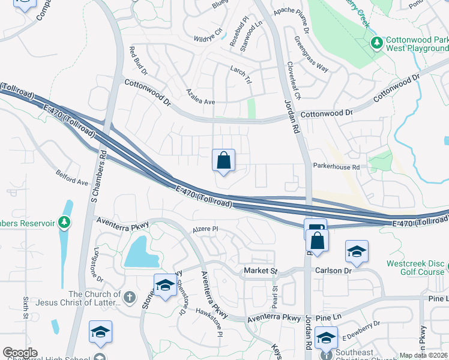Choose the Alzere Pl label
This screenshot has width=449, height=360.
[205, 229]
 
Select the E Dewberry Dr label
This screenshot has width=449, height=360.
[361, 325]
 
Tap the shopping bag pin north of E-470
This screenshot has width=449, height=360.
[223, 161]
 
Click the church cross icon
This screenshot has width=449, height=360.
[129, 296]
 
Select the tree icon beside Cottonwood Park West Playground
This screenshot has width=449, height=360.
[376, 43]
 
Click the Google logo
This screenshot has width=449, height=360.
[20, 352]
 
